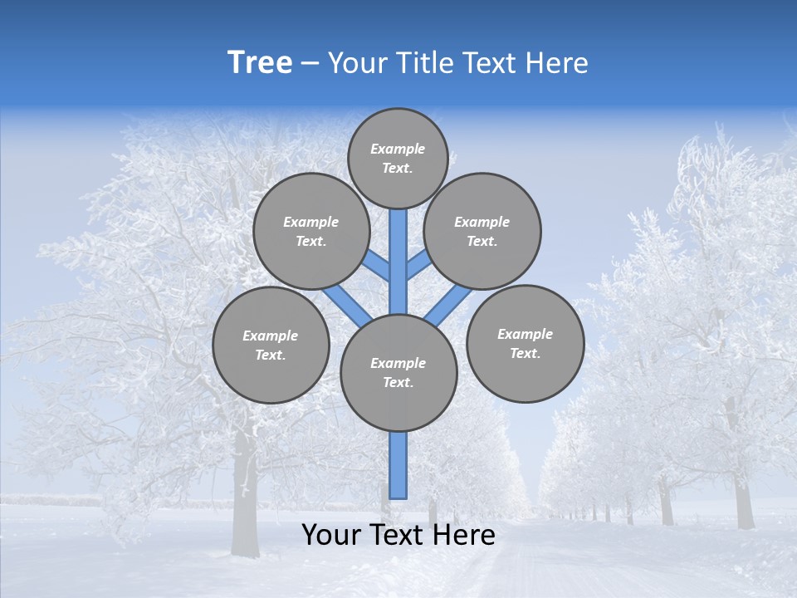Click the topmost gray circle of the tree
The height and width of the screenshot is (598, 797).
[398, 158]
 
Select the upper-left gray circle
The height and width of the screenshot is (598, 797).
[311, 231]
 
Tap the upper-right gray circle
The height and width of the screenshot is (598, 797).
[482, 231]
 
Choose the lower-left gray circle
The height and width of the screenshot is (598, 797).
[271, 345]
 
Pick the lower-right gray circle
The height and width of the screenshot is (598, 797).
[525, 343]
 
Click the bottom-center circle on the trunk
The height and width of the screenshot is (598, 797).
[398, 373]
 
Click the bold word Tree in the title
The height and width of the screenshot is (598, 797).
[260, 62]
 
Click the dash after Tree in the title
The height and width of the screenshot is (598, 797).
[310, 64]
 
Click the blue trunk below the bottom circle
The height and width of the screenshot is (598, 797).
[398, 465]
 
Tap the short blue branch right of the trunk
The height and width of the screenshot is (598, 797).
[418, 266]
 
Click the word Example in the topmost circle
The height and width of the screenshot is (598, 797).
[398, 149]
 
